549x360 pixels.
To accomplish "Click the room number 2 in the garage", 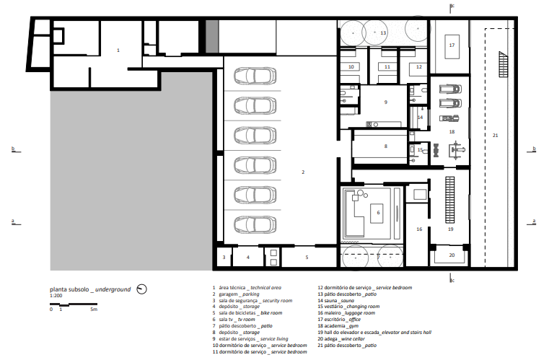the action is pyautogui.click(x=303, y=172).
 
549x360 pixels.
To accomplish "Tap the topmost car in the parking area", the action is pyautogui.click(x=255, y=76).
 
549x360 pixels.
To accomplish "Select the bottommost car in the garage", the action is pyautogui.click(x=255, y=224).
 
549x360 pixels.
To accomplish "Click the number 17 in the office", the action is pyautogui.click(x=452, y=45).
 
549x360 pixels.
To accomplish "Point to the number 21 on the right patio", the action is pyautogui.click(x=495, y=135).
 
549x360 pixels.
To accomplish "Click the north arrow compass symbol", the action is pyautogui.click(x=142, y=289).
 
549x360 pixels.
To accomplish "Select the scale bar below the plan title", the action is pyautogui.click(x=74, y=304).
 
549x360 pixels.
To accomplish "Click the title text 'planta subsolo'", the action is pyautogui.click(x=69, y=289).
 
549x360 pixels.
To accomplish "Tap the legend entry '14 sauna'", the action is pyautogui.click(x=335, y=300).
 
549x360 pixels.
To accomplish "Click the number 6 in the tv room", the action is pyautogui.click(x=378, y=213).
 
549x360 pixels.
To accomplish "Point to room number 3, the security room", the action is pyautogui.click(x=224, y=258).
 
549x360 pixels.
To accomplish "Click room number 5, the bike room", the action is pyautogui.click(x=307, y=258).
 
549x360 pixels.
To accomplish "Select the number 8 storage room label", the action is pyautogui.click(x=386, y=146).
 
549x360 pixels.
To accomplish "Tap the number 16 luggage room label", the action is pyautogui.click(x=419, y=229).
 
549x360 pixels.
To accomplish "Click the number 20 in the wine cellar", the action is pyautogui.click(x=452, y=255).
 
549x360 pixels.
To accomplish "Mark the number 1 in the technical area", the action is pyautogui.click(x=118, y=51).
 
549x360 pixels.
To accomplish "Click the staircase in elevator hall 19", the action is pyautogui.click(x=450, y=200).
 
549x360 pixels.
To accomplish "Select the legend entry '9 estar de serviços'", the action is pyautogui.click(x=250, y=338).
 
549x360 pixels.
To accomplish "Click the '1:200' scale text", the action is pyautogui.click(x=56, y=296).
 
